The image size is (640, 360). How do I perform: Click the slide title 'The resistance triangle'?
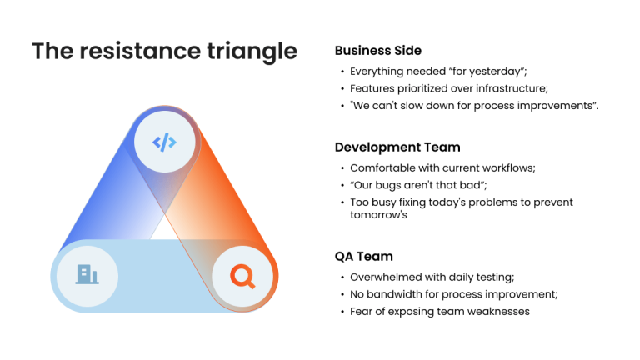click(164, 51)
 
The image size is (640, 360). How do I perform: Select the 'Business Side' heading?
click(377, 50)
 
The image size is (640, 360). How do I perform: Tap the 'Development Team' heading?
click(397, 147)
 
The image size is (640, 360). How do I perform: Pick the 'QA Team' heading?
click(364, 257)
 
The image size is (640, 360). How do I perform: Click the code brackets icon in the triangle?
click(165, 142)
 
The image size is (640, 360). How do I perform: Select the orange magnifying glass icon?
click(242, 274)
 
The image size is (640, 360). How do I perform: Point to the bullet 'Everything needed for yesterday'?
click(438, 72)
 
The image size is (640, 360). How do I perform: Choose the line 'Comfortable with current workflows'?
click(442, 167)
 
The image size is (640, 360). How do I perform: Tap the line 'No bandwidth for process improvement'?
click(453, 294)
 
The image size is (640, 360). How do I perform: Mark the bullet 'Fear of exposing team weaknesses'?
click(439, 312)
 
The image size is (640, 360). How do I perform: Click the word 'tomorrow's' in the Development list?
click(379, 214)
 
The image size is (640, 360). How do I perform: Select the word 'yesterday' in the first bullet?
click(497, 72)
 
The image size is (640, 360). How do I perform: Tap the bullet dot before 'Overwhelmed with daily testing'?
click(342, 277)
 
